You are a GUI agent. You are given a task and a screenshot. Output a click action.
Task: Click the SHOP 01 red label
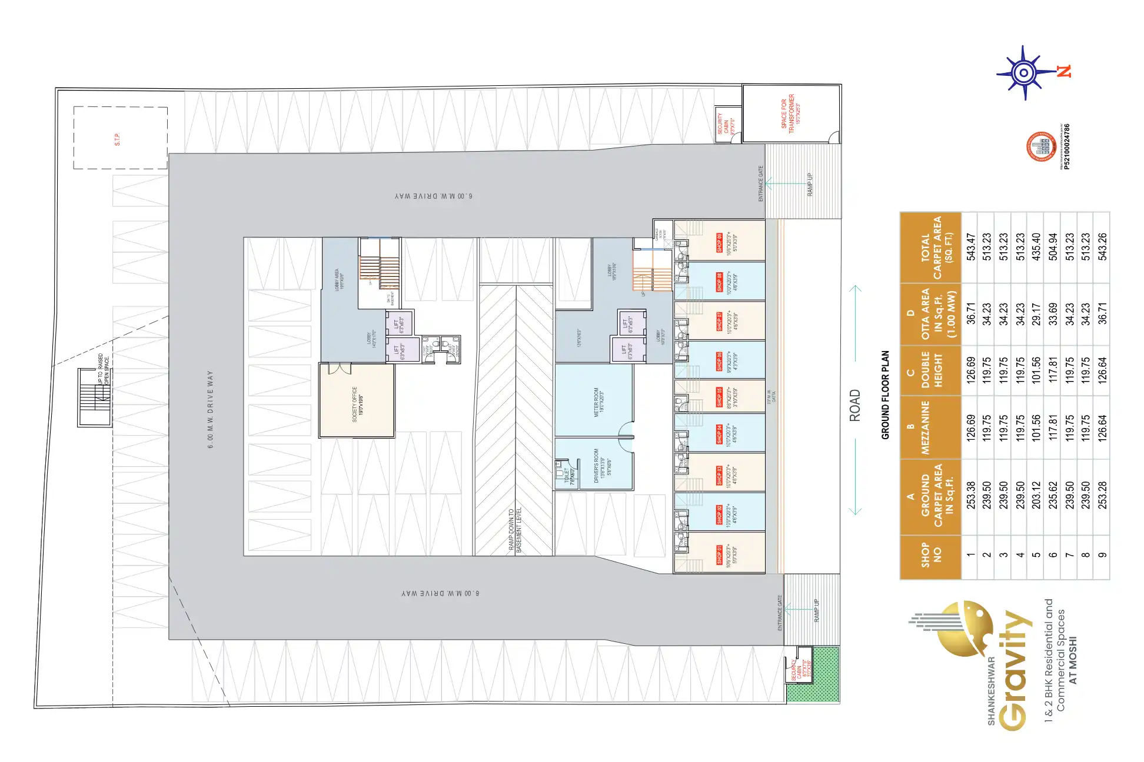[x=719, y=554]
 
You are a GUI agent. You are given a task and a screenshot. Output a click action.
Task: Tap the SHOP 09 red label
[x=719, y=243]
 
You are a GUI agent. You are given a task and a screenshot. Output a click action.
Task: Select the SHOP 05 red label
[x=719, y=397]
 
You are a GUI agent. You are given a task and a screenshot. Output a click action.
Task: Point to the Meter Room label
[x=598, y=403]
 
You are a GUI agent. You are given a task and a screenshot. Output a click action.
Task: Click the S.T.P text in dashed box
[x=117, y=139]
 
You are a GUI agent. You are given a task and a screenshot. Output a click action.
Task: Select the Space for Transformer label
[x=787, y=113]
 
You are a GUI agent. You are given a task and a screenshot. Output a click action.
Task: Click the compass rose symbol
[x=1023, y=73]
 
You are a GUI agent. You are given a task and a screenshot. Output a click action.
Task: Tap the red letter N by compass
[x=1064, y=71]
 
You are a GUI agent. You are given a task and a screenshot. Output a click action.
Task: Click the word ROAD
[x=854, y=405]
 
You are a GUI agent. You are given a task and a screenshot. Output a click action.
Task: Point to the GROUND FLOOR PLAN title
[x=885, y=395]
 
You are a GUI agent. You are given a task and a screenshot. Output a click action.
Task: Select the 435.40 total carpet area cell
[x=1036, y=247]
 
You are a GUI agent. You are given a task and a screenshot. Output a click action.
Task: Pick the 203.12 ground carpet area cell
[x=1036, y=495]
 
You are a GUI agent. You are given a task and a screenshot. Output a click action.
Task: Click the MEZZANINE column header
[x=925, y=427]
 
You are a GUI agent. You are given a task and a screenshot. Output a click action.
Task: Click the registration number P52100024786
[x=1067, y=146]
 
